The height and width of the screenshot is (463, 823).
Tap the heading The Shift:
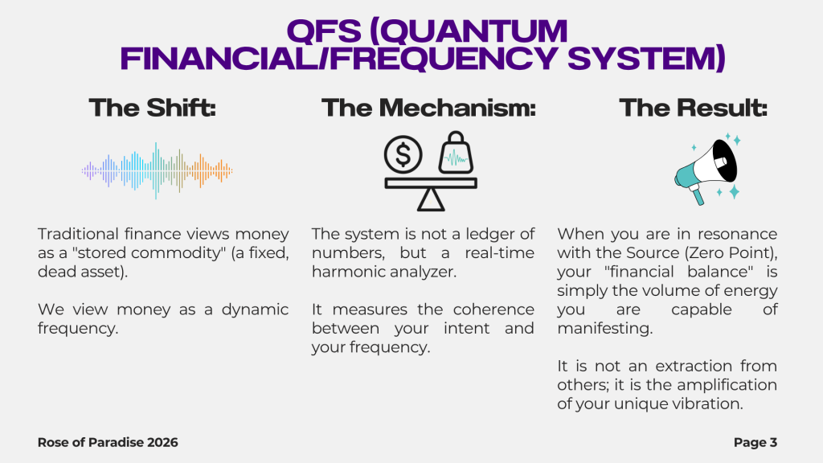point(152,108)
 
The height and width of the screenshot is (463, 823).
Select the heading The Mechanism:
point(429,108)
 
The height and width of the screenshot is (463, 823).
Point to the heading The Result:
point(694,108)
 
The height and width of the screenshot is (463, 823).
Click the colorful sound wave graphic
point(157,170)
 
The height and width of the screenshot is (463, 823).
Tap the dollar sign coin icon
point(403,154)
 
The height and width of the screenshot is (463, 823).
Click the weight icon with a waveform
point(456,153)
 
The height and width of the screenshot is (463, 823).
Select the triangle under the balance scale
point(431,200)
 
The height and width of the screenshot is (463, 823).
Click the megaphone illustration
point(707,169)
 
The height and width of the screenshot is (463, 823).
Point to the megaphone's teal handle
point(698,195)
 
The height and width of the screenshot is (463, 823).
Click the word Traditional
point(78,234)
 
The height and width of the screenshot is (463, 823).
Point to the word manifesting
point(604,329)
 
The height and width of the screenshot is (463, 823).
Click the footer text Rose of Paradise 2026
point(108,443)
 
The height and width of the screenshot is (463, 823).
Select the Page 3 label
point(755,443)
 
